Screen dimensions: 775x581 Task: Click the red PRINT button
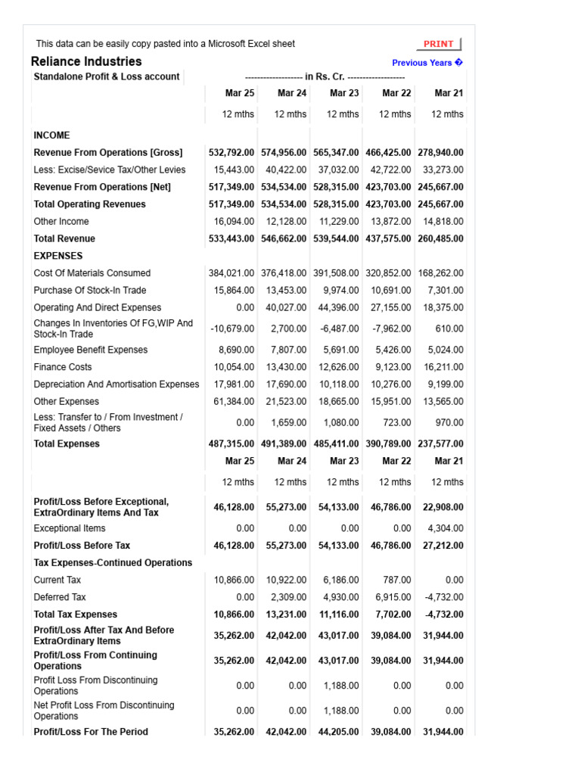439,44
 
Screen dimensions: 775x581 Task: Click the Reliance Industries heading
86,61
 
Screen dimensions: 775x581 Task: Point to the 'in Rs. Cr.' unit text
325,76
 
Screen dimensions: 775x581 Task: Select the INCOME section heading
51,135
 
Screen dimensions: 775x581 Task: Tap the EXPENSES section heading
58,256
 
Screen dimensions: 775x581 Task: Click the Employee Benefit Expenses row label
91,350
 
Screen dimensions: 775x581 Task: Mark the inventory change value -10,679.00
234,329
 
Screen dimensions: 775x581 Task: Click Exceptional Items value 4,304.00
446,528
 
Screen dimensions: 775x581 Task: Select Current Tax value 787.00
396,580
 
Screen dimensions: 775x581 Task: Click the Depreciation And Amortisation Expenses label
117,384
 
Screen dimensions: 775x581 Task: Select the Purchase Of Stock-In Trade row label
90,291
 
